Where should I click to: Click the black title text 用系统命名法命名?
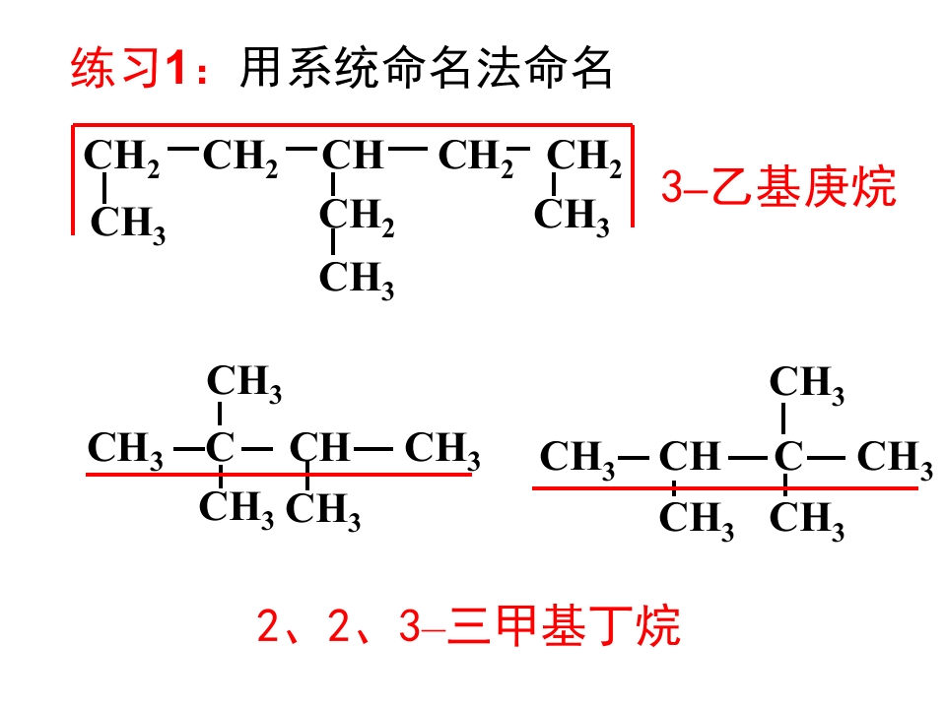[x=426, y=68]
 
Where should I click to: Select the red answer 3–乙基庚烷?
[x=778, y=187]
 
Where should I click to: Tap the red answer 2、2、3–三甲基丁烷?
[x=469, y=625]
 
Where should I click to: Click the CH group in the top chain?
[x=353, y=155]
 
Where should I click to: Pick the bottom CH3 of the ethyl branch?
[x=357, y=280]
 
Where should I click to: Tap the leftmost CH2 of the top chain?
[x=121, y=158]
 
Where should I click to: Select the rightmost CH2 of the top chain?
[x=583, y=158]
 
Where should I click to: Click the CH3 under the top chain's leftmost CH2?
[x=127, y=225]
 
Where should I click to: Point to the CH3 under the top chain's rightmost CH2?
[x=572, y=217]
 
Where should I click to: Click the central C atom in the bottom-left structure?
[x=220, y=447]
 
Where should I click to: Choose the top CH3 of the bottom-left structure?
[x=244, y=383]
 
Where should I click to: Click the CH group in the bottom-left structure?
[x=319, y=447]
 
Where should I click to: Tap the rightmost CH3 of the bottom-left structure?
[x=442, y=450]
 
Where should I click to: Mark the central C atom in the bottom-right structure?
[x=788, y=456]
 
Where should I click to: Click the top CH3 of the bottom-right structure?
[x=807, y=385]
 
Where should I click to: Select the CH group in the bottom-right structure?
[x=690, y=456]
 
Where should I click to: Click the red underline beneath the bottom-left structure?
[x=279, y=475]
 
